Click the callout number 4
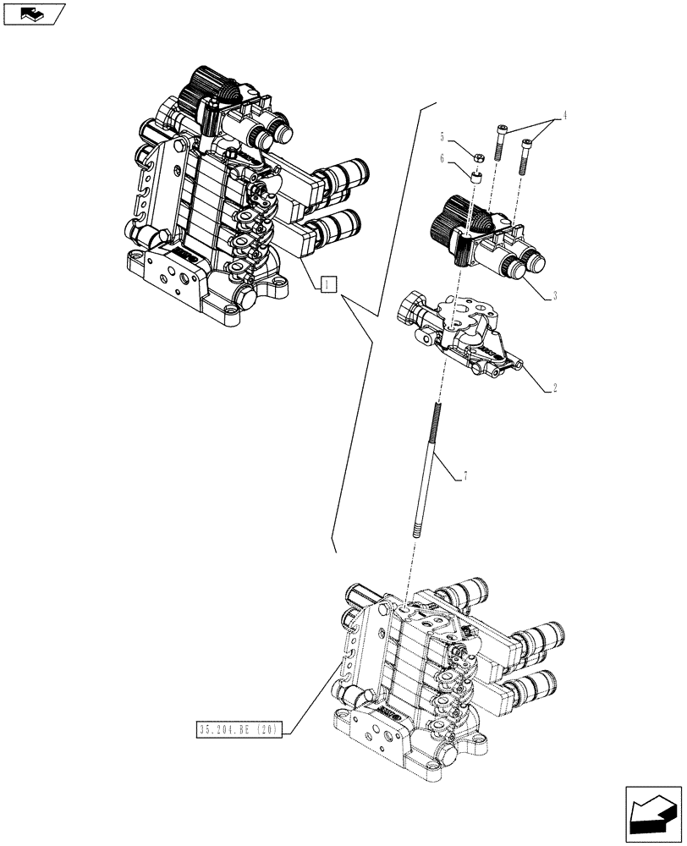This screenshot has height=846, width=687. pyautogui.click(x=564, y=115)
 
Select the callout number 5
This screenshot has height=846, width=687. pyautogui.click(x=442, y=135)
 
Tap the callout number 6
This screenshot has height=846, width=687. pyautogui.click(x=442, y=157)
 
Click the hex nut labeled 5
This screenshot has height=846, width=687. pyautogui.click(x=476, y=157)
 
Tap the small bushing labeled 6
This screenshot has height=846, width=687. pyautogui.click(x=476, y=177)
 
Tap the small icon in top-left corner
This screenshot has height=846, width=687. pyautogui.click(x=33, y=13)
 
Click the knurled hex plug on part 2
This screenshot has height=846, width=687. pyautogui.click(x=411, y=305)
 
